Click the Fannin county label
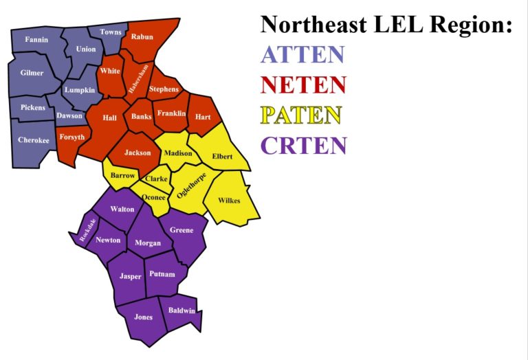point(36,40)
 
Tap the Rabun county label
point(142,36)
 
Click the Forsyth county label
point(71,137)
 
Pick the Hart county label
point(203,117)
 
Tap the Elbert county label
point(222,157)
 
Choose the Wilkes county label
point(229,201)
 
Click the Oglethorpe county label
point(192,184)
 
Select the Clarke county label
point(156,179)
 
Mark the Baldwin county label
point(181,311)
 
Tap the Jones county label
point(143,317)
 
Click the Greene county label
point(181,230)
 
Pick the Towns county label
point(110,32)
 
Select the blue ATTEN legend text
point(302,55)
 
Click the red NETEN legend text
point(303,85)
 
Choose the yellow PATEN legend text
point(301,115)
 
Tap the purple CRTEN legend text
point(303,146)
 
